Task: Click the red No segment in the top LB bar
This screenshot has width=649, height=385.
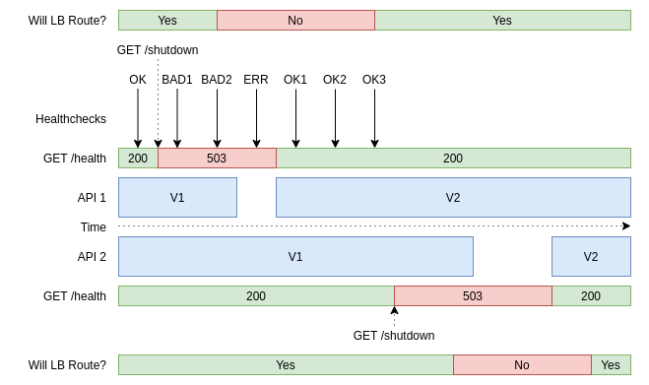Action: tap(295, 20)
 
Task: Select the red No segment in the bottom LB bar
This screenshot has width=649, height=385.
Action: tap(522, 364)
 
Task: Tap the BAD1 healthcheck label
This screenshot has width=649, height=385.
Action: tap(177, 80)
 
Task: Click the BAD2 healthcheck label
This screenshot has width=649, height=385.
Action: tap(217, 80)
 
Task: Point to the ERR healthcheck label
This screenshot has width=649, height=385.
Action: tap(256, 80)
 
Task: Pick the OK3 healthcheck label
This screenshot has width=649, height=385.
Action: tap(374, 80)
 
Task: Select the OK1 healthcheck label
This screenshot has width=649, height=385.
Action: tap(295, 80)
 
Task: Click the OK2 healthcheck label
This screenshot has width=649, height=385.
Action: tap(335, 80)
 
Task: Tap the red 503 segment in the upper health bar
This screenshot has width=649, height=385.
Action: tap(217, 158)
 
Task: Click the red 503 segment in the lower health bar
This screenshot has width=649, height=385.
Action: tap(473, 295)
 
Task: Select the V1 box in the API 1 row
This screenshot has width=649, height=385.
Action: tap(177, 197)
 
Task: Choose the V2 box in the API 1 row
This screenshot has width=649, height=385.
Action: tap(453, 197)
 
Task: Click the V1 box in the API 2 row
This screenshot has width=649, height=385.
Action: tap(295, 256)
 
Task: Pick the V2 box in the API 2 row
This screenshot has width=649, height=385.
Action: tap(591, 256)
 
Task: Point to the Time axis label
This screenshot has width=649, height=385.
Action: tap(94, 227)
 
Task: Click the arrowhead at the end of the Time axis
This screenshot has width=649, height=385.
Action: tap(626, 226)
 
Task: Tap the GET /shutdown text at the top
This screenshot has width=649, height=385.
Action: tap(158, 50)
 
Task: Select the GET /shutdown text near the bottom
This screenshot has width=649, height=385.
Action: tap(394, 335)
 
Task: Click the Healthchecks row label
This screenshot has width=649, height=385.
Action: tap(71, 119)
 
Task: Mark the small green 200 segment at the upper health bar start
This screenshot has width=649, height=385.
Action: tap(138, 158)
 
